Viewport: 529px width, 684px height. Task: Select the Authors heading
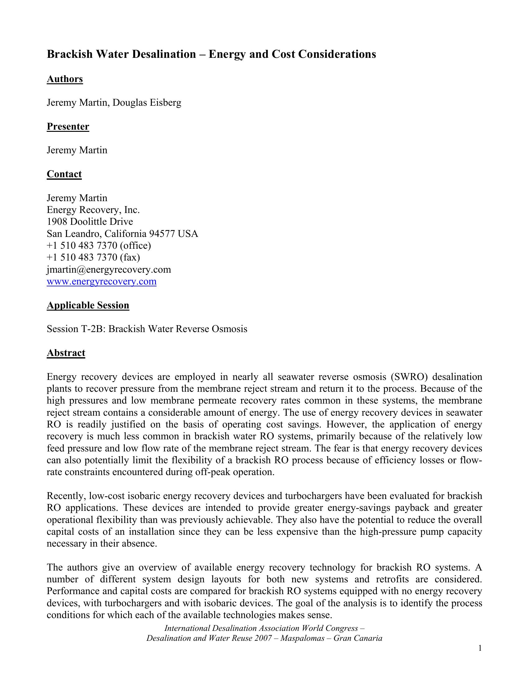coord(65,79)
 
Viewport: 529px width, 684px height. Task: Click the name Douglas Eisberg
coord(147,103)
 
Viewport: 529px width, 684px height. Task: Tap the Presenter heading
coord(68,127)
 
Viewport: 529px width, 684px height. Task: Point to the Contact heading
coord(64,174)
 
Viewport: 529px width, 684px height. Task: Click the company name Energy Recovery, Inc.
coord(93,210)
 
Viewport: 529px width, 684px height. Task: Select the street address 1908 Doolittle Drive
coord(90,222)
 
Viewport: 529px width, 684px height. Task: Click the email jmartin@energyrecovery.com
coord(109,270)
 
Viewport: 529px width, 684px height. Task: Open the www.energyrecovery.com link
coord(101,282)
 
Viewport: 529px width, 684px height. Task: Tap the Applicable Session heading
coord(88,305)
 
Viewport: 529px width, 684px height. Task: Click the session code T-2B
coord(91,329)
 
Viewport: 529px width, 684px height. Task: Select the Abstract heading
coord(66,353)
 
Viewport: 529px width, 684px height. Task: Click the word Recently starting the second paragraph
coord(67,496)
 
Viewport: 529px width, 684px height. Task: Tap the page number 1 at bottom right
coord(480,648)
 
